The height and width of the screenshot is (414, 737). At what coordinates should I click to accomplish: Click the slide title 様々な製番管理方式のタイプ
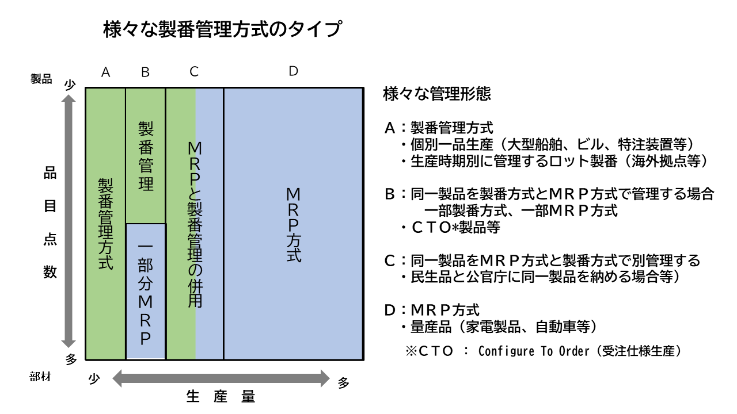point(221,29)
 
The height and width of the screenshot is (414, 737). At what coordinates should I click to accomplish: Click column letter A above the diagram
point(105,72)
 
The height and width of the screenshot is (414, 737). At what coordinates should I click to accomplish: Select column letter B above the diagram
point(145,72)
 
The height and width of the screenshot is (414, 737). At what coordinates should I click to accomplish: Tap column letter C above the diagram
point(194,72)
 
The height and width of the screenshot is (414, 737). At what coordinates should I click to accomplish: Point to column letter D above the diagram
point(293,71)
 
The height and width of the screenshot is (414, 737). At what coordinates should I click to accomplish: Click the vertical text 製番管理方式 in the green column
point(105,224)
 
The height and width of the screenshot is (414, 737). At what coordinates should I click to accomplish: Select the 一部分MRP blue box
point(145,291)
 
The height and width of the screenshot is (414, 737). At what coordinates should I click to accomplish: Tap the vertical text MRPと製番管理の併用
point(195,224)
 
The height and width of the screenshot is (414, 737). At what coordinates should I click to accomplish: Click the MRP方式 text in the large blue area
point(293,225)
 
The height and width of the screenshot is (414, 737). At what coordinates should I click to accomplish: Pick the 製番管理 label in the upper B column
point(145,156)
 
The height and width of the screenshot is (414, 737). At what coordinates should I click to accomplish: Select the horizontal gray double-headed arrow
point(221,378)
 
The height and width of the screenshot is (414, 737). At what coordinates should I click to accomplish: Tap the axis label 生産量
point(221,397)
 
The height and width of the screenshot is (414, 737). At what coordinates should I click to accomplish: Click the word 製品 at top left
point(41,79)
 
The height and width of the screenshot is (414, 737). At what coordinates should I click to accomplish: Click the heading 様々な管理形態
point(437,94)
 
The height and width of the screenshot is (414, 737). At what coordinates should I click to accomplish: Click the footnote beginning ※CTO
point(544,351)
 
